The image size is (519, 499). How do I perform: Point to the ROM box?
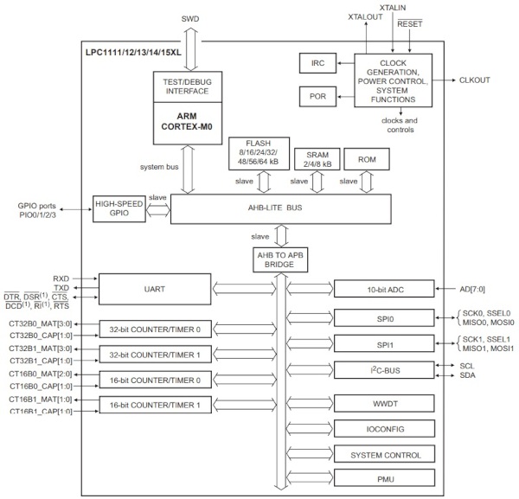(366, 159)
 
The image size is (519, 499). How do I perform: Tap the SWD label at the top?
(189, 19)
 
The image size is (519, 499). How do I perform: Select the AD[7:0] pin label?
(474, 289)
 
